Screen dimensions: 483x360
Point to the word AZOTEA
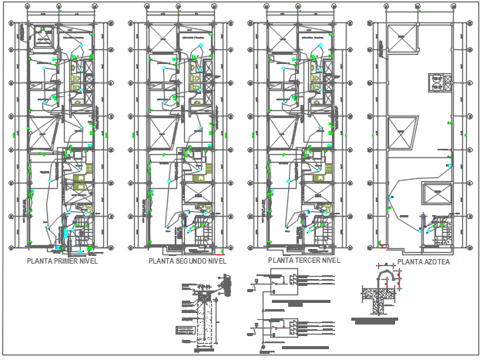pyautogui.click(x=435, y=262)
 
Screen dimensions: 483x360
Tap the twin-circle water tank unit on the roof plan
pyautogui.click(x=439, y=82)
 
